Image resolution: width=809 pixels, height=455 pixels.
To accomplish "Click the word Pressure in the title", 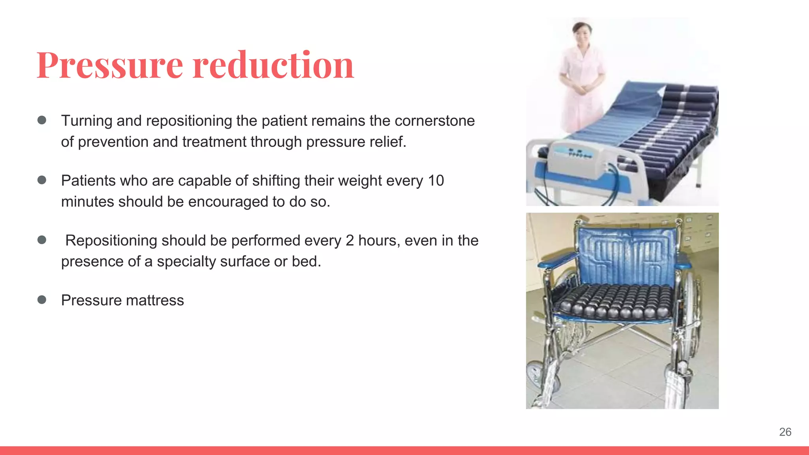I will click(110, 66).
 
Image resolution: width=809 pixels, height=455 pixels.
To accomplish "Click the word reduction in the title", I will click(273, 66).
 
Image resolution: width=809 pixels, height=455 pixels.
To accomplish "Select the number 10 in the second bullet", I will click(436, 181).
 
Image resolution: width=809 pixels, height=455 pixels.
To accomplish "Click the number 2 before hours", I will click(350, 241).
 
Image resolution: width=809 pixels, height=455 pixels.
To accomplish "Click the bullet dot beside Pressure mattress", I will click(42, 300).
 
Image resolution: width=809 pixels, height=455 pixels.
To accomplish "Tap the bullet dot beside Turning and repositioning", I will click(42, 120).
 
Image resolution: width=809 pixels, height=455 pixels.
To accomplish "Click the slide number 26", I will click(785, 432).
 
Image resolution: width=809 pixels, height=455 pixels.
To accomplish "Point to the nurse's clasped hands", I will click(581, 89).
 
